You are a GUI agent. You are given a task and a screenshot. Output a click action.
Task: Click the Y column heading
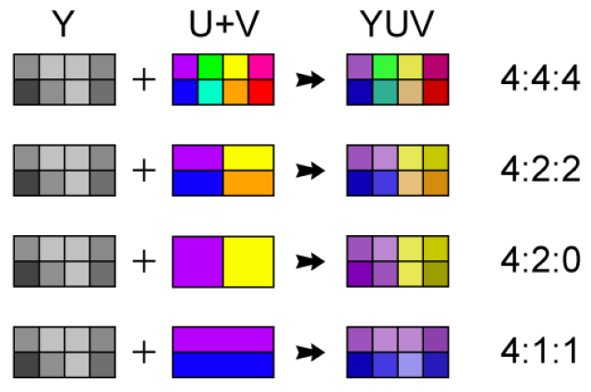63,24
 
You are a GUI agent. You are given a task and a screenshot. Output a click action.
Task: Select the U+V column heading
224,24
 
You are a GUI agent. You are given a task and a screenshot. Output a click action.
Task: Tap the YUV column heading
397,24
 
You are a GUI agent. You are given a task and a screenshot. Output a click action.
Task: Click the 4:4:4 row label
540,79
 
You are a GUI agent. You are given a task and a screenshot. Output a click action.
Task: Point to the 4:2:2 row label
540,170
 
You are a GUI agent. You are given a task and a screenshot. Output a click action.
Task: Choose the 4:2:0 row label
540,261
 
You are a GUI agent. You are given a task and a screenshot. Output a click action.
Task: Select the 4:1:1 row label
539,351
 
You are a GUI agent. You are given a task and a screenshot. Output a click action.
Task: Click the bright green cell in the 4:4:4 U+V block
211,66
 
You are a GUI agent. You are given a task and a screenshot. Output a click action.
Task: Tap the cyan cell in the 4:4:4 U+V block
211,92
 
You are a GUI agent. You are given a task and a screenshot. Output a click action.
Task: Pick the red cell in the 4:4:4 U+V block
260,92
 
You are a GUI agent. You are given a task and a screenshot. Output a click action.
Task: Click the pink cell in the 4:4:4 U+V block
260,66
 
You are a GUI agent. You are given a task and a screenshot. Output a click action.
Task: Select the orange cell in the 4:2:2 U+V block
248,183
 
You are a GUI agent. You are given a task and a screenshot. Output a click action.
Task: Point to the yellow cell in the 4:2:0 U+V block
248,262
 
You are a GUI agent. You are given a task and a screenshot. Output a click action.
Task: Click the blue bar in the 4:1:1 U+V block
223,365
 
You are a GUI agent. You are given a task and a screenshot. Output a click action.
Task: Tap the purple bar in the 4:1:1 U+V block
223,339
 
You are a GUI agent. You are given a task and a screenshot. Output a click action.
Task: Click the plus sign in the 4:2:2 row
144,171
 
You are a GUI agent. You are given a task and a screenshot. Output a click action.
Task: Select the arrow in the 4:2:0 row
310,261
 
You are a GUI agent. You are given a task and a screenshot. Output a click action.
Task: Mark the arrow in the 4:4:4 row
310,80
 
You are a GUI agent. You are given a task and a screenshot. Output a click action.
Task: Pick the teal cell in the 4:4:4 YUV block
385,92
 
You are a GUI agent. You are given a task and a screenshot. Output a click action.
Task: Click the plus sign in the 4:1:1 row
144,352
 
